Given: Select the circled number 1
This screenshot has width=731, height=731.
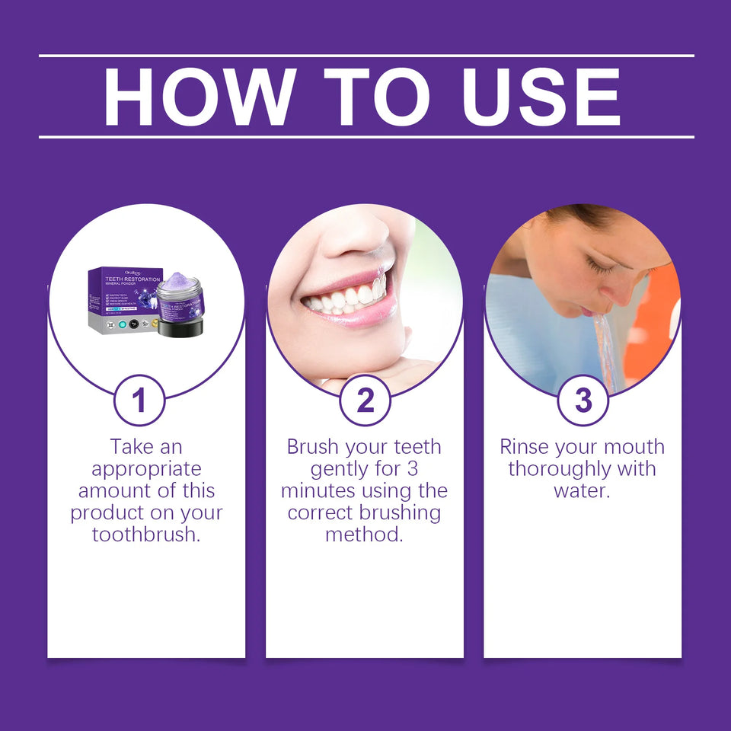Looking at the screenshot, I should tap(139, 401).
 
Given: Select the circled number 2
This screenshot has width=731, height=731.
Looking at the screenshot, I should tap(365, 401).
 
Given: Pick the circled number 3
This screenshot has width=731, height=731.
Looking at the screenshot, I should tap(583, 401).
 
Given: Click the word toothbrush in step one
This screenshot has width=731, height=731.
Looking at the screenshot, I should tap(146, 535).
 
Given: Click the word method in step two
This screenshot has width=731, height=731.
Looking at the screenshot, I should tap(364, 535).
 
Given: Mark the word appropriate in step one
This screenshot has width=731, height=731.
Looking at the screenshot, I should tap(146, 468).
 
